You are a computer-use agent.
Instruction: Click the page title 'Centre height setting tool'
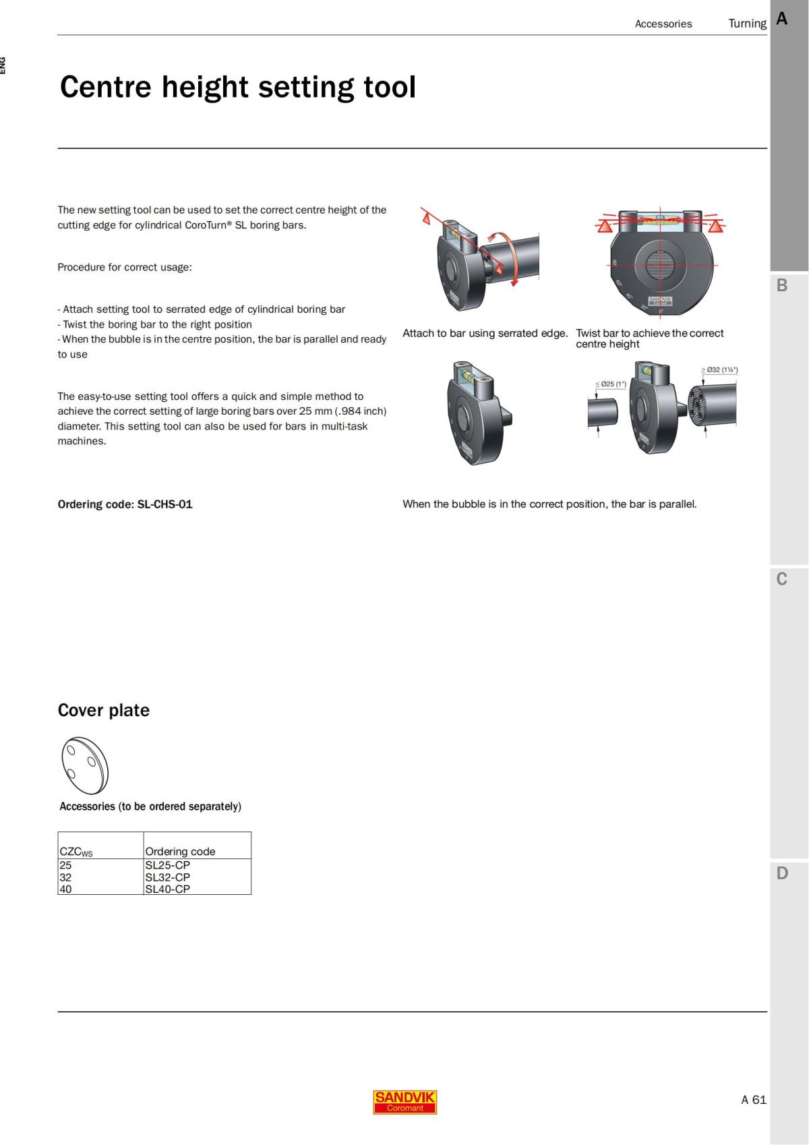(x=238, y=87)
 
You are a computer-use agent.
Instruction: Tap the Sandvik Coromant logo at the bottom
(x=404, y=1102)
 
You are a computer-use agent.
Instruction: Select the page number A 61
(x=753, y=1100)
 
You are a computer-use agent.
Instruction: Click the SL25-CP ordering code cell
(x=168, y=865)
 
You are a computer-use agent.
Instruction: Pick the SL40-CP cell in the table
(x=168, y=889)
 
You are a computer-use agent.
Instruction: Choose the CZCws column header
(x=76, y=852)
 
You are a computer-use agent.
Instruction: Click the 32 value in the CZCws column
(x=65, y=877)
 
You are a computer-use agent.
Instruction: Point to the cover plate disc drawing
(x=85, y=765)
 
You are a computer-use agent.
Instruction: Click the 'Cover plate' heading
(x=104, y=710)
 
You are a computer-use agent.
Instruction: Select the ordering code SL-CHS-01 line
(x=125, y=504)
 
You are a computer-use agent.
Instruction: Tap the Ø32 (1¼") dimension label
(x=719, y=370)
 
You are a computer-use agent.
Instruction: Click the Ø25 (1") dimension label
(x=611, y=384)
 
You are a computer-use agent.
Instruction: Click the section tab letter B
(x=782, y=285)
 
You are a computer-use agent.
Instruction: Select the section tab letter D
(x=782, y=873)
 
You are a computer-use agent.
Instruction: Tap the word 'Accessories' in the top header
(x=663, y=24)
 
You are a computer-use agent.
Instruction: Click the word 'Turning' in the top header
(x=747, y=24)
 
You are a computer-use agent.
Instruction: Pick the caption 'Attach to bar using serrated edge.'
(x=485, y=333)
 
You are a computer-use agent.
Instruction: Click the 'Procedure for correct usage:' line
(x=125, y=267)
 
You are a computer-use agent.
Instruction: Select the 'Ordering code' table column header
(x=180, y=851)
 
